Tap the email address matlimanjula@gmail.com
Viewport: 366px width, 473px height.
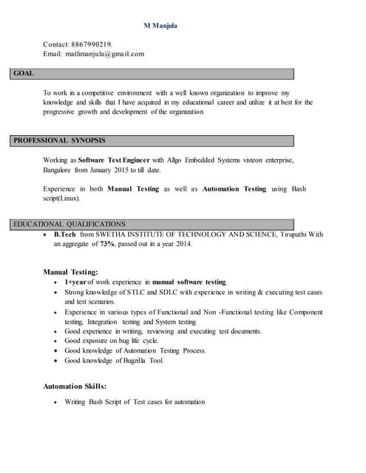(x=104, y=54)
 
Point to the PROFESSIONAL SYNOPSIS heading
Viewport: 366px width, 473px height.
(x=59, y=140)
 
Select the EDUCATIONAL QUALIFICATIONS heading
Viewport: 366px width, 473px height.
(x=70, y=224)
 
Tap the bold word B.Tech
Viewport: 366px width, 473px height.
(x=66, y=234)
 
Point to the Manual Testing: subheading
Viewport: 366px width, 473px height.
(x=70, y=272)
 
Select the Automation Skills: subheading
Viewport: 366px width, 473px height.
(x=75, y=386)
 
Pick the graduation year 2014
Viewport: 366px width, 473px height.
(x=183, y=244)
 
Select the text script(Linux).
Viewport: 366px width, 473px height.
(x=62, y=198)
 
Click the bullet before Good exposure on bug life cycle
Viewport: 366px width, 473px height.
(x=56, y=341)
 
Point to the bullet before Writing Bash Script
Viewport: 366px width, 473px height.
(x=56, y=402)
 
